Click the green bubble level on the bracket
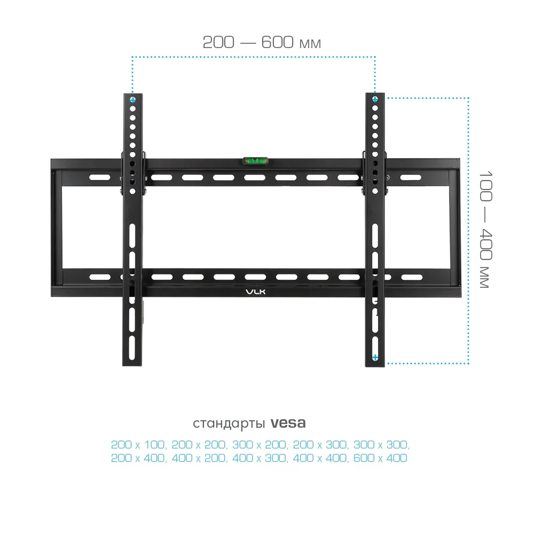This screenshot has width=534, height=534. tap(255, 161)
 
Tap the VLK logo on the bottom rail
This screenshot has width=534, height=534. tap(255, 292)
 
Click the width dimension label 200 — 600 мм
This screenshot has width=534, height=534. tap(262, 43)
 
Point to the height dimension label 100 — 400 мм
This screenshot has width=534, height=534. tap(485, 230)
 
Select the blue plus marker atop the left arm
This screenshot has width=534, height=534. tap(133, 100)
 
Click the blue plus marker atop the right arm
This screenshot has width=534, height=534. tap(375, 99)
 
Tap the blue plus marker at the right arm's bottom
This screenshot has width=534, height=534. tap(375, 357)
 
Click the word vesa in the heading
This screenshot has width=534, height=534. tap(288, 423)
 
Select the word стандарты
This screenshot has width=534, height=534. tap(229, 423)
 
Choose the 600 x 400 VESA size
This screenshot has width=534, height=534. tap(380, 458)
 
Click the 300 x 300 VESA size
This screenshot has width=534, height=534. tap(381, 445)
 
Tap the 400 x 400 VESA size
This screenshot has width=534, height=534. tap(320, 458)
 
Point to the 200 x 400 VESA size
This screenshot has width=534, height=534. tap(138, 458)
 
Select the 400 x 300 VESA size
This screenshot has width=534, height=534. tap(260, 458)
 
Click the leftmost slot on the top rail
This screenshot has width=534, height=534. tap(99, 177)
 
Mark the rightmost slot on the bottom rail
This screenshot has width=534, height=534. tap(412, 278)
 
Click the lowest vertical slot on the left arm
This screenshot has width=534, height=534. tap(132, 348)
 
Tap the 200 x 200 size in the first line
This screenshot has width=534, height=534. tap(199, 445)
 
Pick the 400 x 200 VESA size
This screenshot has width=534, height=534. tap(199, 458)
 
